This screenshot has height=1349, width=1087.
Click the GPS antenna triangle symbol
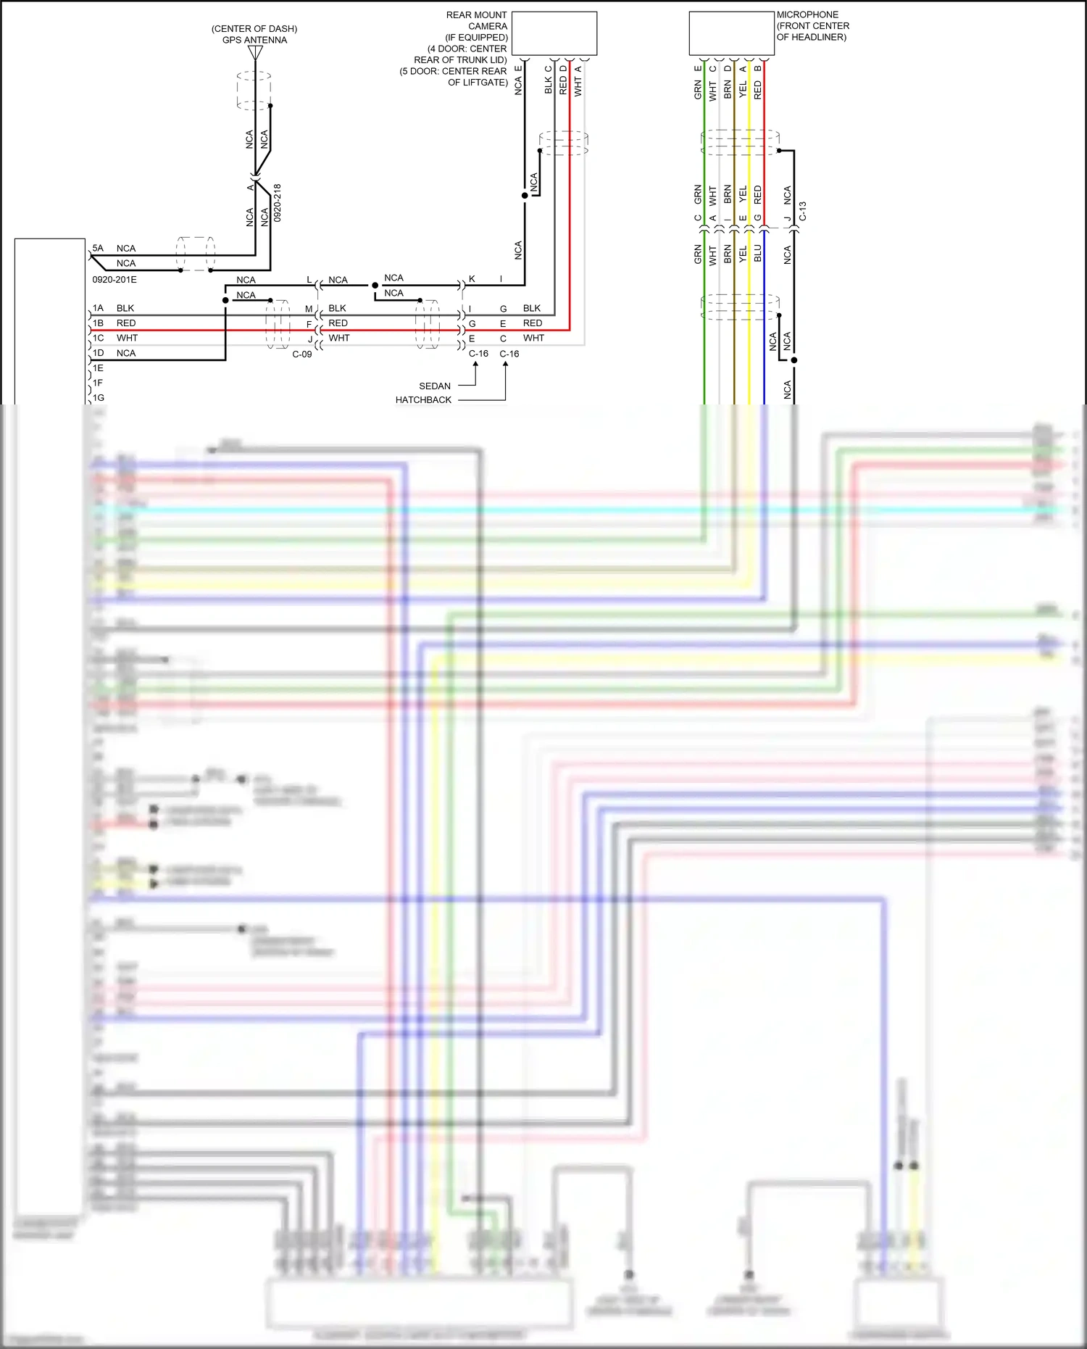pos(255,53)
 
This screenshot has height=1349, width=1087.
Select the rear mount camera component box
pos(554,33)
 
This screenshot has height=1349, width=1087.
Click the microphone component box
pos(731,33)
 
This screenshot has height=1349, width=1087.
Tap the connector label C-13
pos(803,212)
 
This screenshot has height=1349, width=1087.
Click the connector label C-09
pos(302,354)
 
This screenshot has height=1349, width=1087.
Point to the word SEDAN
pos(435,386)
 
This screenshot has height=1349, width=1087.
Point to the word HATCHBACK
pos(423,400)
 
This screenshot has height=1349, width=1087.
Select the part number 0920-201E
pos(114,280)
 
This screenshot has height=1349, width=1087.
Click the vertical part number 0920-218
pos(278,202)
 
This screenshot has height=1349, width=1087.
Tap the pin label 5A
pos(98,248)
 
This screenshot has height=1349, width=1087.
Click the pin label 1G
pos(99,398)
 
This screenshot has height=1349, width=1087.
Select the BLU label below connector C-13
pos(758,253)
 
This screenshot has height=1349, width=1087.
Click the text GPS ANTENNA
pos(254,40)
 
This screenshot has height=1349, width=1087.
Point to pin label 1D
pos(99,353)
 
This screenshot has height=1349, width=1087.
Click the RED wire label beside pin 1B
pos(126,323)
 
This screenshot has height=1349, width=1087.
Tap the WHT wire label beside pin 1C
pos(127,339)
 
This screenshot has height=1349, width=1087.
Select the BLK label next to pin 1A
pos(125,308)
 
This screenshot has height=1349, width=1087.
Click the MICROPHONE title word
pos(807,14)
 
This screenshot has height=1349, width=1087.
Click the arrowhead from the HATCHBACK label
pos(505,365)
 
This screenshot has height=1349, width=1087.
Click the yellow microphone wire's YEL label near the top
pos(743,89)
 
